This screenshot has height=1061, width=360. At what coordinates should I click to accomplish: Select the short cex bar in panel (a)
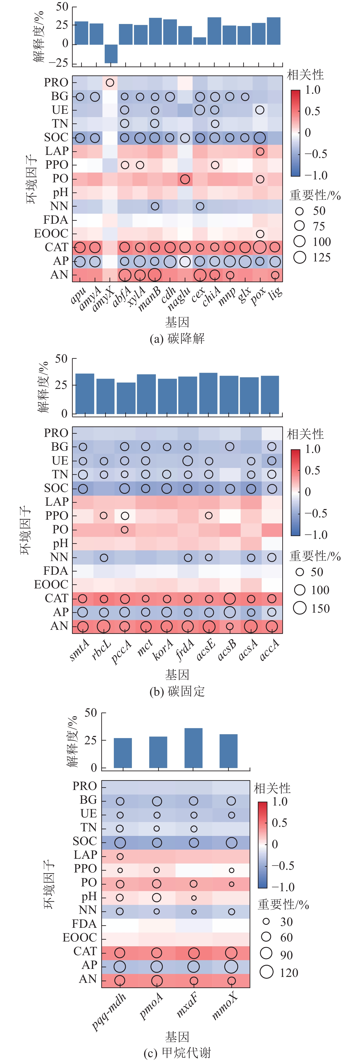click(200, 41)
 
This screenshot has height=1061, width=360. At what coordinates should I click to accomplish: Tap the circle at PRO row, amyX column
click(109, 83)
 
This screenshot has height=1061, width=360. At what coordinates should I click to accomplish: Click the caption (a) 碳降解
click(177, 339)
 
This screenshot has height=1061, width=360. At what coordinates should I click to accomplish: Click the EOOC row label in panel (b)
click(51, 585)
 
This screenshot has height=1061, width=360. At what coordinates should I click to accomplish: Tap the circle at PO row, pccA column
click(124, 530)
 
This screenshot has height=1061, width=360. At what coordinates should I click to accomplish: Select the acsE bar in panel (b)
click(208, 393)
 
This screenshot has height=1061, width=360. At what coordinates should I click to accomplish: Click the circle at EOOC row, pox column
click(259, 234)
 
